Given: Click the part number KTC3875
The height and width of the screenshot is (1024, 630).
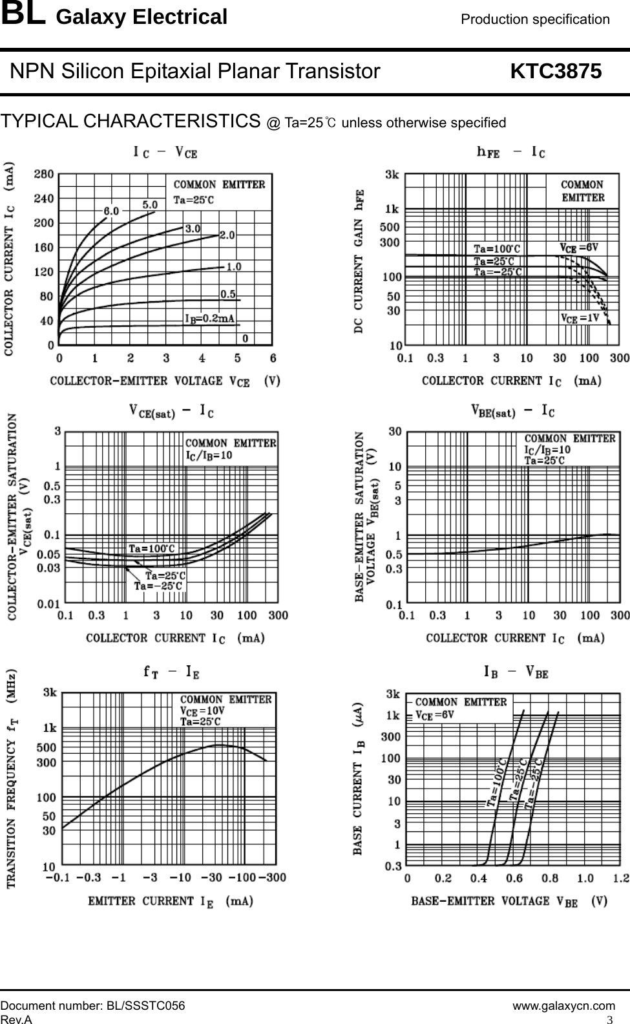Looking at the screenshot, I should click(x=556, y=71).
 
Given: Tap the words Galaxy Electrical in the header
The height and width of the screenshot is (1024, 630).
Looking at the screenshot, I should click(x=142, y=17).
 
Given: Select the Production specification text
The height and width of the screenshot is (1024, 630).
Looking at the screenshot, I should click(x=535, y=19).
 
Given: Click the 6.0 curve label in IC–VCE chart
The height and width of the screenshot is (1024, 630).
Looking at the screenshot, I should click(x=111, y=211).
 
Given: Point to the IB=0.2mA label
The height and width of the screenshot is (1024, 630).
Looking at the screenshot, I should click(x=209, y=318).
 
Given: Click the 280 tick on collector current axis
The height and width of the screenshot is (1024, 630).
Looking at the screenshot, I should click(x=44, y=174).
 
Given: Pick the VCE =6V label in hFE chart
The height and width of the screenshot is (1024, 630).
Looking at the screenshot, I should click(x=578, y=247).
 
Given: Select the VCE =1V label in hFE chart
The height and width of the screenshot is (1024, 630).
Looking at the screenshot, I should click(x=579, y=317).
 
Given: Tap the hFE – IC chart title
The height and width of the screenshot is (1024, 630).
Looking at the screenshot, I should click(x=510, y=153).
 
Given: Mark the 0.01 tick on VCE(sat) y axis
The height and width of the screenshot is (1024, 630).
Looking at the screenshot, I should click(x=49, y=604).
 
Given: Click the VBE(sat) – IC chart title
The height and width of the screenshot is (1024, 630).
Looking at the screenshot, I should click(x=514, y=411).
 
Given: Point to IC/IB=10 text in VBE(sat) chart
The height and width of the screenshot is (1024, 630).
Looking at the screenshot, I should click(x=547, y=449).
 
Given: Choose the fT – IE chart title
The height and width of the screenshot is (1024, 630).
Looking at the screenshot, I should click(x=171, y=672).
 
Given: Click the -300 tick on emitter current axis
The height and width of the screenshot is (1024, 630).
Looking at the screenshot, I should click(x=272, y=877).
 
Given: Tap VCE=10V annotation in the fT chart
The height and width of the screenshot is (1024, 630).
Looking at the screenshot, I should click(x=204, y=710).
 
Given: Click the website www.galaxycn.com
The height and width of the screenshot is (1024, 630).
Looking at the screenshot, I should click(x=563, y=1006).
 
